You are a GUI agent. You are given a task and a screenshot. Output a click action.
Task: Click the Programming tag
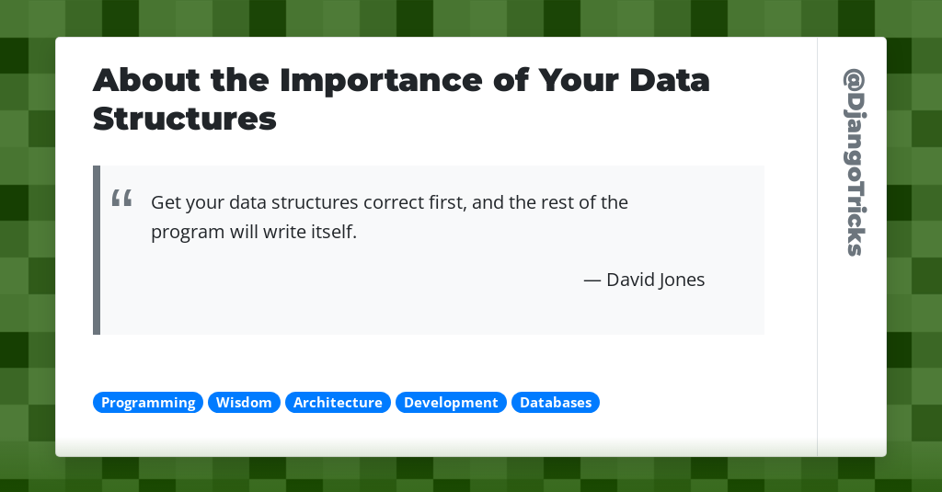[148, 403]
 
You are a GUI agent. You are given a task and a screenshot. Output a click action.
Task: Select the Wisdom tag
[244, 403]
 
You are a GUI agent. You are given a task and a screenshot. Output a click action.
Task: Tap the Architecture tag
[338, 403]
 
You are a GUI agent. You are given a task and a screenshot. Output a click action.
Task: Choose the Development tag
[451, 403]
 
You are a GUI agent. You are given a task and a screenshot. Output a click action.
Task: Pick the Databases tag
[556, 403]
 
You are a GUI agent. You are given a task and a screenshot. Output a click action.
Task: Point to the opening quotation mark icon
[121, 198]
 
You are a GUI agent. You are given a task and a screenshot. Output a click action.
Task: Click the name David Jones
[655, 280]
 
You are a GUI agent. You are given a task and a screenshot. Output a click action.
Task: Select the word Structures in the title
[185, 120]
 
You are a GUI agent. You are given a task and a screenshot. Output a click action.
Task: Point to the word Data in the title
[670, 81]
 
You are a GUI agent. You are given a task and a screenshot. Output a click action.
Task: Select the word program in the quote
[188, 233]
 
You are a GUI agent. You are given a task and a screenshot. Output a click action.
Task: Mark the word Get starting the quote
[166, 202]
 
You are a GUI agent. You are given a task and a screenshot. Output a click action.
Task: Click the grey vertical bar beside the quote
[97, 250]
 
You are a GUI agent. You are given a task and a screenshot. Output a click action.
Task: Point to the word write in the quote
[280, 232]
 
